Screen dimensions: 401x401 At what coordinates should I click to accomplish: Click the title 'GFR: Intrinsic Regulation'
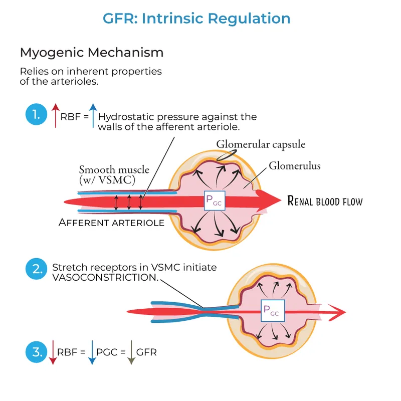click(196, 19)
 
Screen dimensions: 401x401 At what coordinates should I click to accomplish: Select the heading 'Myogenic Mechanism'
click(91, 52)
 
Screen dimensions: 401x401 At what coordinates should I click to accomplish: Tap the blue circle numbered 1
click(36, 116)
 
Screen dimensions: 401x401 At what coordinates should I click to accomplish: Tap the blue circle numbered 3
click(36, 352)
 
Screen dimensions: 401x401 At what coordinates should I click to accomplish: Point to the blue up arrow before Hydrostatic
click(93, 116)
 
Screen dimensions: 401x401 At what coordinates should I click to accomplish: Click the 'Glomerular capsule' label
click(261, 144)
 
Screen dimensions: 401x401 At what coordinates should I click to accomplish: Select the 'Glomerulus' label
click(294, 165)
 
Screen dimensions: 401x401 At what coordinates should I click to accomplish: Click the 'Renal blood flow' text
click(324, 202)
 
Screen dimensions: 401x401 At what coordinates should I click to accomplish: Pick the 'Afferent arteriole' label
click(111, 222)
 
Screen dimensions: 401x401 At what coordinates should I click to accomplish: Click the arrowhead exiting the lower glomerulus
click(339, 312)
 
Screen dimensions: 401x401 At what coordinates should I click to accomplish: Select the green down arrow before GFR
click(130, 352)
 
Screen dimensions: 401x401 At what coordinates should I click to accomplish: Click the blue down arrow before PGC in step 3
click(91, 352)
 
